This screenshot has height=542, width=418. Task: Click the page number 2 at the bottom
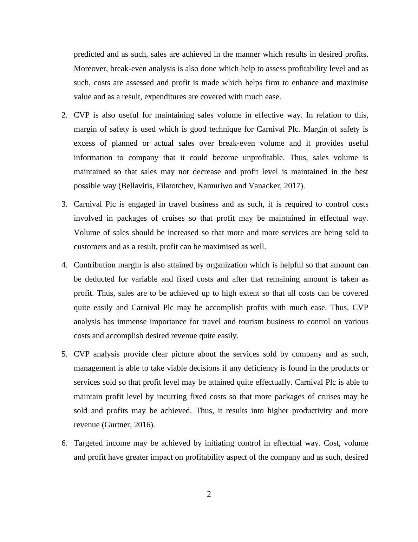pos(209,494)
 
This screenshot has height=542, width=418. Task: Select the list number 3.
pos(64,204)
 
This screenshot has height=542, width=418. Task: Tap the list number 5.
pos(64,354)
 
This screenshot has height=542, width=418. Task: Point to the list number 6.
pos(64,443)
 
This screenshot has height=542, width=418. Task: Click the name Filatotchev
pos(175,186)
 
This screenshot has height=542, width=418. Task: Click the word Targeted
pos(89,443)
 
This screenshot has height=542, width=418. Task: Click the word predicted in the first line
pos(89,54)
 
